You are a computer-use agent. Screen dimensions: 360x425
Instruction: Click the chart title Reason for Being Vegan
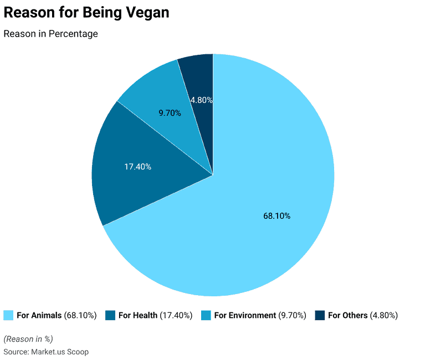click(x=86, y=13)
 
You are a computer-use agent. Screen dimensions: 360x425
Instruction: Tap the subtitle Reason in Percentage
click(x=50, y=34)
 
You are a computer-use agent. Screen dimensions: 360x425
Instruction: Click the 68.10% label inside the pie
click(x=276, y=216)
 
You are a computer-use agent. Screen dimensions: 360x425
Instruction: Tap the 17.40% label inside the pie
click(x=137, y=167)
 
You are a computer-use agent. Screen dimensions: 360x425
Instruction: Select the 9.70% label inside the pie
click(x=170, y=113)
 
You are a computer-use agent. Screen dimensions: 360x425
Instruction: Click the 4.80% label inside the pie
click(x=201, y=100)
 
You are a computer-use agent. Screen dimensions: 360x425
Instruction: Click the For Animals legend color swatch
click(x=8, y=315)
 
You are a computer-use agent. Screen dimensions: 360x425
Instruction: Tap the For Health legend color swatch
click(x=110, y=315)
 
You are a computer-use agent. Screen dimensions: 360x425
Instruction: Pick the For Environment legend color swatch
click(x=206, y=315)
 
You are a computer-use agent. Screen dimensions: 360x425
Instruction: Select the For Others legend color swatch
click(x=320, y=315)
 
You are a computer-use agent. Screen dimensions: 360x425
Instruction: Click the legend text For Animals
click(x=39, y=315)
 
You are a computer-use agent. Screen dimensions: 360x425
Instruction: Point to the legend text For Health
click(x=138, y=315)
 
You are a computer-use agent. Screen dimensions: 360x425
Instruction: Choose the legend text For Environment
click(x=245, y=315)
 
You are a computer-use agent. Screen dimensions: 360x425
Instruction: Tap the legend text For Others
click(x=348, y=315)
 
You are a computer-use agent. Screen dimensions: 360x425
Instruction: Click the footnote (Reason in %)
click(x=28, y=339)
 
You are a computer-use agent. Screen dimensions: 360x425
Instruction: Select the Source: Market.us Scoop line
click(x=46, y=352)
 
